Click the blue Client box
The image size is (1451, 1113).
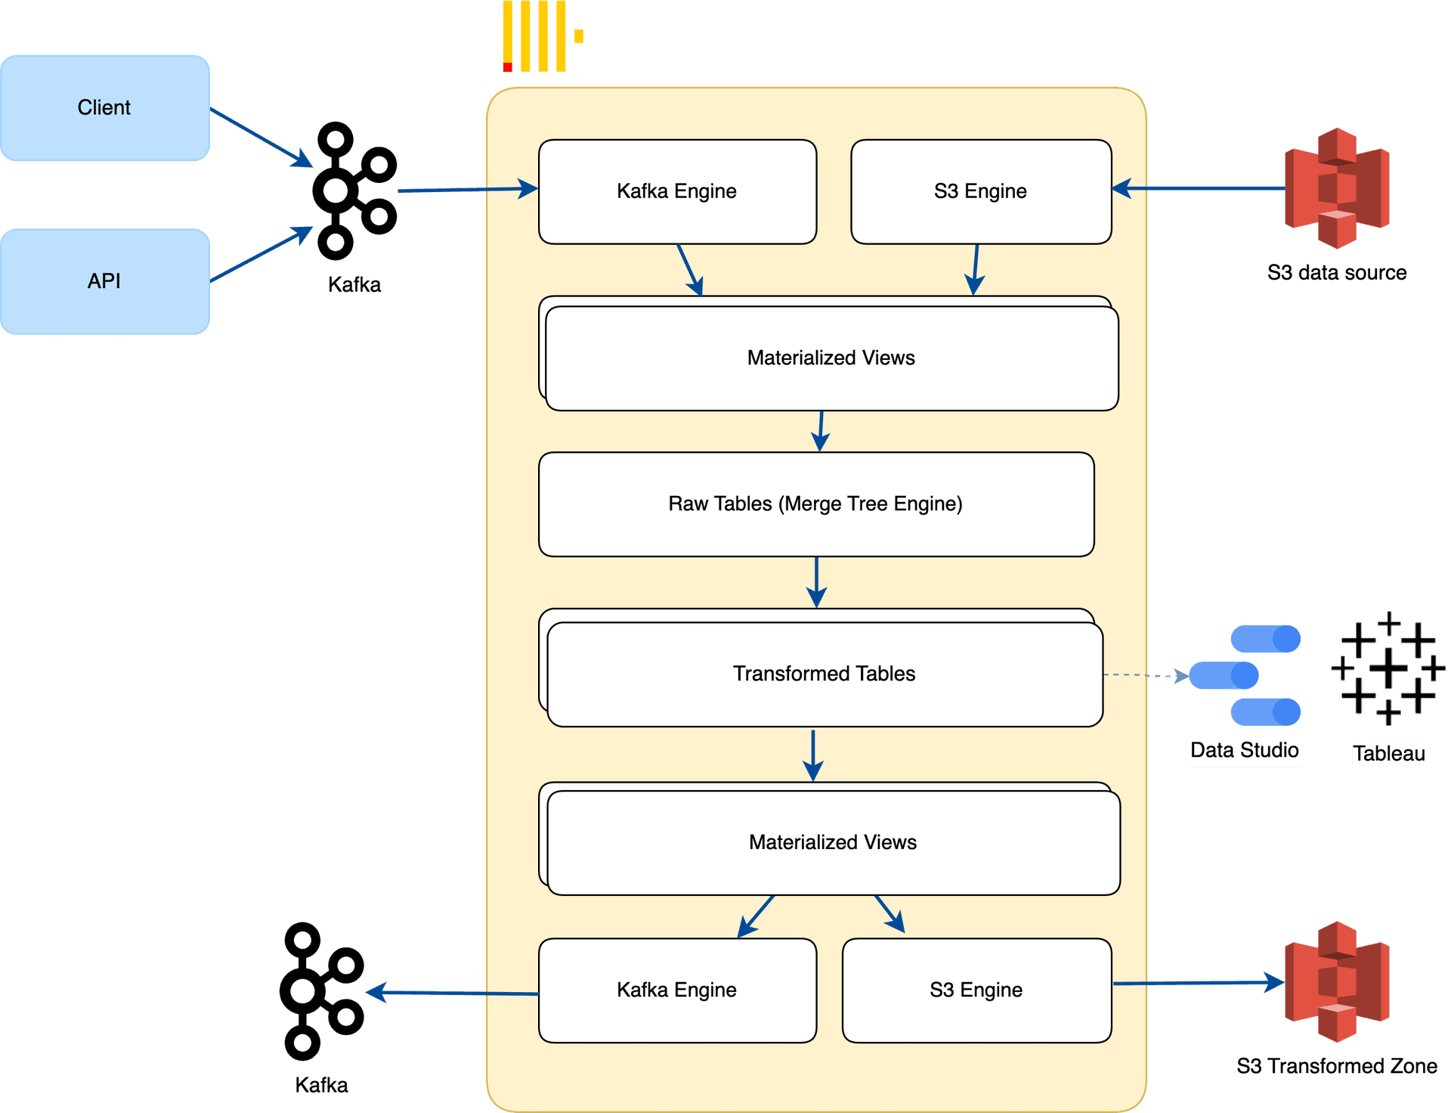click(x=105, y=107)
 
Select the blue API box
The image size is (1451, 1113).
click(x=105, y=281)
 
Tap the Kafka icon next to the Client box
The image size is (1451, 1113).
click(x=353, y=191)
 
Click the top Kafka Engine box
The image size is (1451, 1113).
click(x=677, y=191)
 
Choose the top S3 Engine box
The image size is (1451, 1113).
click(x=980, y=191)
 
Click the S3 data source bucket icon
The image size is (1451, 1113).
click(x=1337, y=188)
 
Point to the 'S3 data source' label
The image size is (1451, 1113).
click(x=1337, y=273)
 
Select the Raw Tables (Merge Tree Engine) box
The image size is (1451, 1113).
click(x=816, y=504)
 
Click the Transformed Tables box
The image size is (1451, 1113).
click(x=824, y=674)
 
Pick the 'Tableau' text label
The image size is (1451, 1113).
click(x=1388, y=753)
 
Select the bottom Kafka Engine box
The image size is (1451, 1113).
click(x=677, y=991)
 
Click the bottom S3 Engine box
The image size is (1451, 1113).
click(x=976, y=991)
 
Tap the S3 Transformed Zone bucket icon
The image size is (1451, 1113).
click(x=1337, y=982)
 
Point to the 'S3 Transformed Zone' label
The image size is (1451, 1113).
click(x=1337, y=1066)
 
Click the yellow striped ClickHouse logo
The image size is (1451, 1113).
click(x=541, y=36)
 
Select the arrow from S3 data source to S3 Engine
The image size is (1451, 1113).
click(x=1202, y=188)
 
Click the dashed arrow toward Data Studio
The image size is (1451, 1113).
click(x=1145, y=675)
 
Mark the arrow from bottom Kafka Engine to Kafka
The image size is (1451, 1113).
click(x=453, y=993)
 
